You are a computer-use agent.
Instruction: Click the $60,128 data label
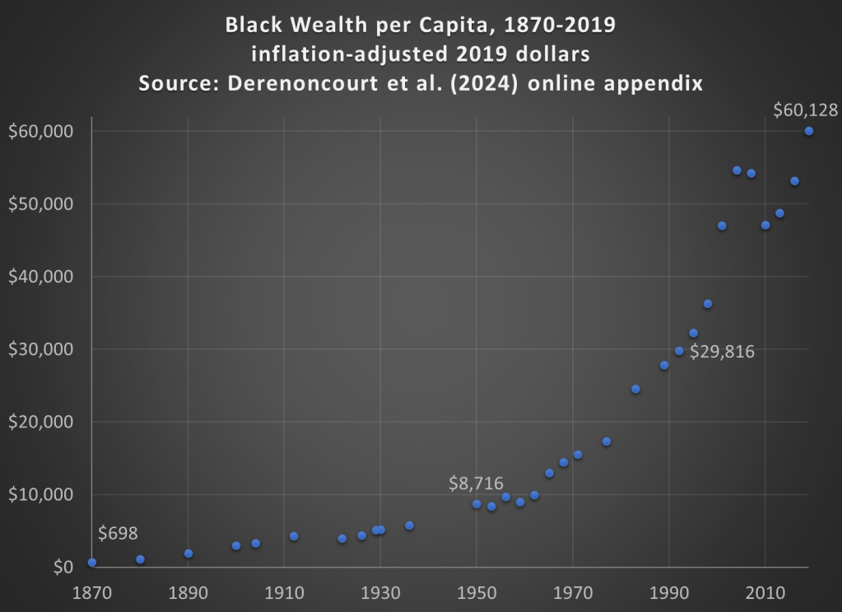805,110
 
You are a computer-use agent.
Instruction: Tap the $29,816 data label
722,352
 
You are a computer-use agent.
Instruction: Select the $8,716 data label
476,484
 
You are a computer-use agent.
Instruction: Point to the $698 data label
118,533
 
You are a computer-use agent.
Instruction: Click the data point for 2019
809,131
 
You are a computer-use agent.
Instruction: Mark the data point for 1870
91,563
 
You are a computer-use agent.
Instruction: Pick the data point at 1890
188,554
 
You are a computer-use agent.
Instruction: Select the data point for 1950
477,504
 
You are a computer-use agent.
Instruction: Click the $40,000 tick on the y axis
40,277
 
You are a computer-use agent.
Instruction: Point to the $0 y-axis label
63,567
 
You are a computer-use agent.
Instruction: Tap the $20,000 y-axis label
40,422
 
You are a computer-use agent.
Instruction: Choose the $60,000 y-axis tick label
40,132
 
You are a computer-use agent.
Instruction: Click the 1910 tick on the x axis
284,591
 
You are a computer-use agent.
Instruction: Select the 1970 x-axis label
573,591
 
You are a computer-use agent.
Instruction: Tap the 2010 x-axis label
765,591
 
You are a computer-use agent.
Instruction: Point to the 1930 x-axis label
380,591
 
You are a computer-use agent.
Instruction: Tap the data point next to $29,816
679,351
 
